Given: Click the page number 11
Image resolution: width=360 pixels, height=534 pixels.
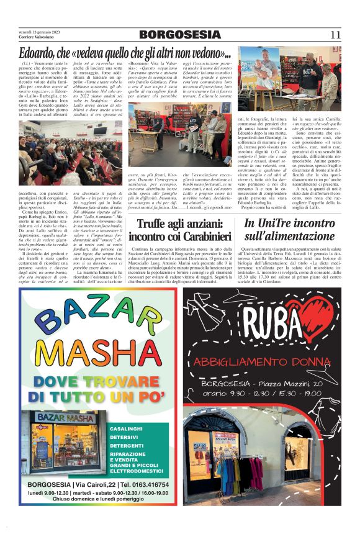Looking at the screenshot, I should tap(335, 35).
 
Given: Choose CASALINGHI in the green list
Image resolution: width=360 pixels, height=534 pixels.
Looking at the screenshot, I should tap(127, 429).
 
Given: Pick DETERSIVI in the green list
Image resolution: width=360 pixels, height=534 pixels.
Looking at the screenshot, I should tap(124, 437).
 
